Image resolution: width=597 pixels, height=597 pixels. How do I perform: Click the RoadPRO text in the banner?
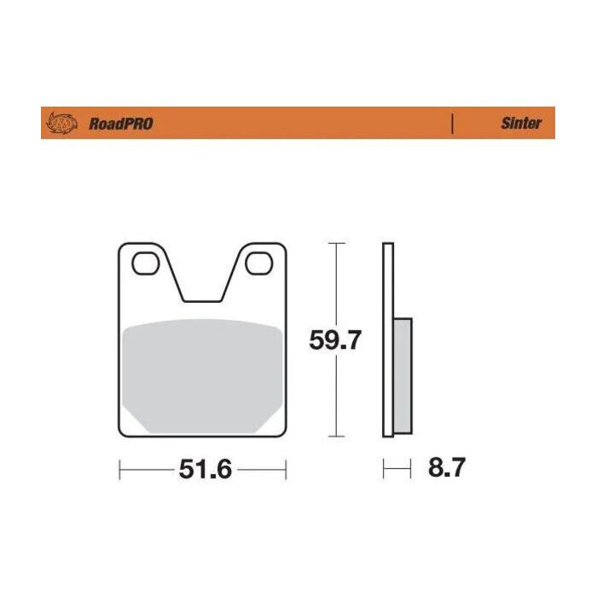[120, 124]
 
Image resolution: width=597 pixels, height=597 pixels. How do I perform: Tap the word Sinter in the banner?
[520, 123]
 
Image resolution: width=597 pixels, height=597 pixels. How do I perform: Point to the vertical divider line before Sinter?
[451, 123]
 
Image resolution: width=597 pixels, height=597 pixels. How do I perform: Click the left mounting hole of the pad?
[143, 264]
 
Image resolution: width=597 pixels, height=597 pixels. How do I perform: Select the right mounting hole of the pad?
[256, 264]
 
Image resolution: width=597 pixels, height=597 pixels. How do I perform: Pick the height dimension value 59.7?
[335, 341]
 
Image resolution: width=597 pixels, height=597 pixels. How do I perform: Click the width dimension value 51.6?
[206, 469]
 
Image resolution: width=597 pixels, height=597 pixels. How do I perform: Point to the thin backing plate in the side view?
[388, 341]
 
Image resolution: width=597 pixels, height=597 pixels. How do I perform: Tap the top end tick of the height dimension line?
[337, 244]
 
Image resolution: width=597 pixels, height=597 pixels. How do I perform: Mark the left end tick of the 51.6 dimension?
[119, 469]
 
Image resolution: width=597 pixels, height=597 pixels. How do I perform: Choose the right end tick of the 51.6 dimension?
[286, 469]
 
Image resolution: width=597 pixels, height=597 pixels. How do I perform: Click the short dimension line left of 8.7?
[393, 468]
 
